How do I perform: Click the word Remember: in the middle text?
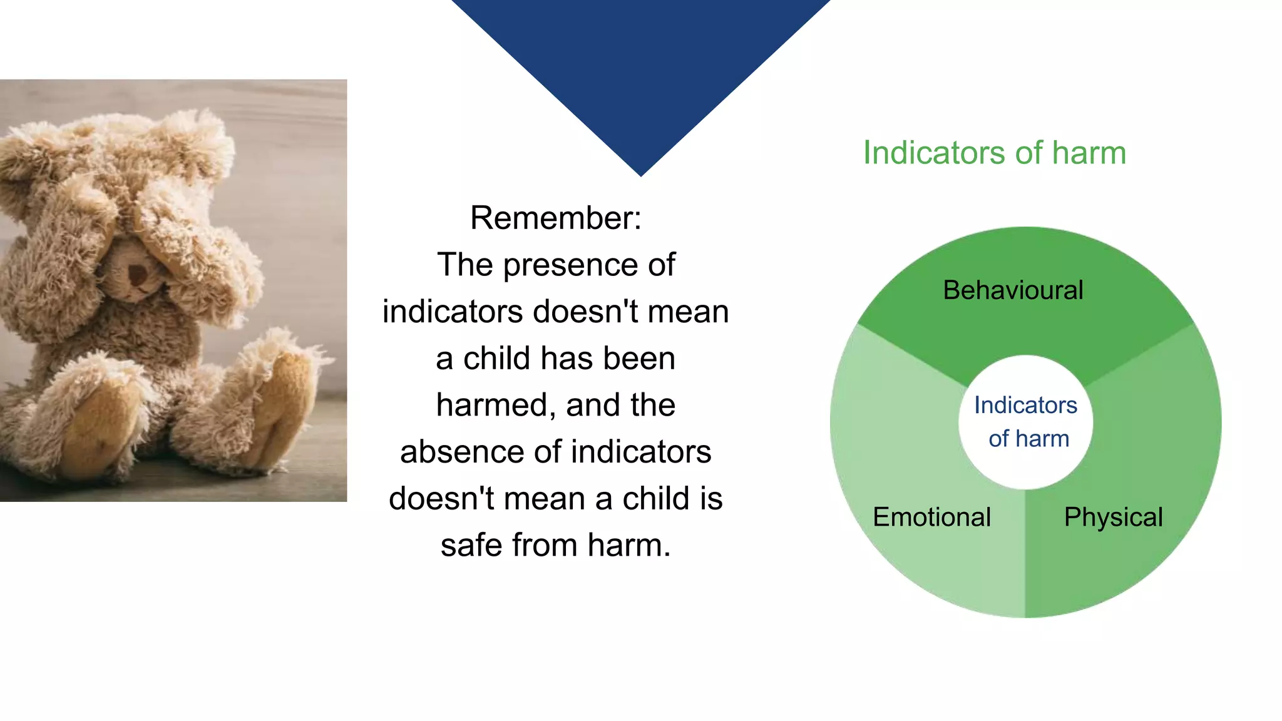click(x=555, y=218)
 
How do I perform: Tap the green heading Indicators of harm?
click(x=994, y=153)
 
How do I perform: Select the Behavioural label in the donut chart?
click(x=1013, y=290)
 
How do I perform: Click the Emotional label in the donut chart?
click(x=931, y=517)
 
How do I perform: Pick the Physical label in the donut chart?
click(x=1113, y=517)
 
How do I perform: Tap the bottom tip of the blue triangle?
click(x=640, y=173)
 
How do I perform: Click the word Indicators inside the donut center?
click(x=1025, y=406)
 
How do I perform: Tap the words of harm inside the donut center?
click(x=1028, y=439)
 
